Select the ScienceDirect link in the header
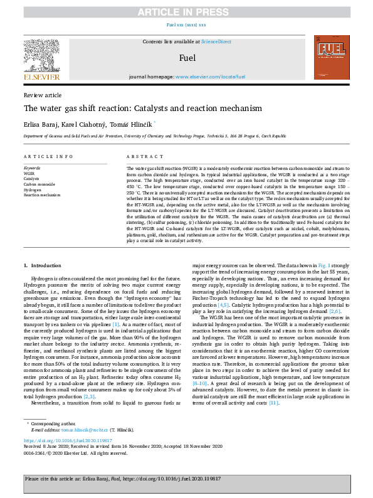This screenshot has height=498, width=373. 216,41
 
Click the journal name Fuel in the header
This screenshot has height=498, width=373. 187,58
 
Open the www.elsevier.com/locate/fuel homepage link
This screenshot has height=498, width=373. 210,76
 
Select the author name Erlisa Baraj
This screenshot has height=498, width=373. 39,123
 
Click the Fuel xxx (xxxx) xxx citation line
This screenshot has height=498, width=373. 186,25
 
